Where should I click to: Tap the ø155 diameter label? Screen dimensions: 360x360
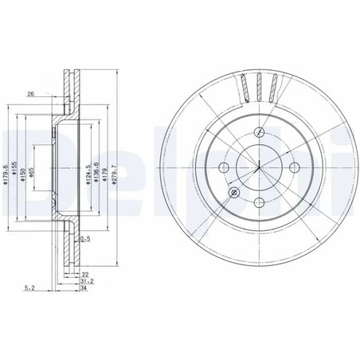click(16, 166)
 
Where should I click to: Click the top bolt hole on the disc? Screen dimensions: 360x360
click(260, 132)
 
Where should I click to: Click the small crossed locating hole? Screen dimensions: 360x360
click(233, 194)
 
